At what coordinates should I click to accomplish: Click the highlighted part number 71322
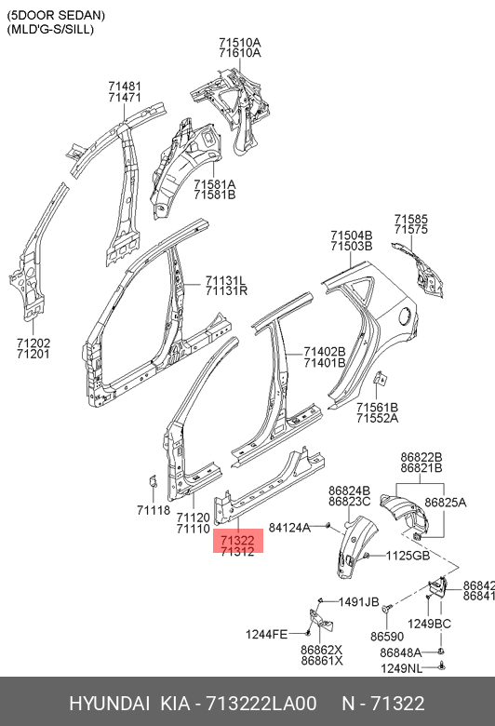click(237, 540)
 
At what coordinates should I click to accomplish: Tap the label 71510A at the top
click(240, 43)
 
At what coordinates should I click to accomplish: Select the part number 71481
click(125, 87)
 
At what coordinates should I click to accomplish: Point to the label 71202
click(33, 343)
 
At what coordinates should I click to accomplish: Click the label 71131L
click(225, 280)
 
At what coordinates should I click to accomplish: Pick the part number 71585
click(411, 219)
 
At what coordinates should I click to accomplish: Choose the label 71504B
click(352, 235)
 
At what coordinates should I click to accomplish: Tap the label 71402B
click(325, 352)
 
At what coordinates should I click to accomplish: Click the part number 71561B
click(378, 408)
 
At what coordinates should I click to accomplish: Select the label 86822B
click(421, 457)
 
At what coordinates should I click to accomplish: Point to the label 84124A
click(290, 528)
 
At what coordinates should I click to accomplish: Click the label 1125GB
click(408, 555)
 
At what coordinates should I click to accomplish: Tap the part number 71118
click(154, 510)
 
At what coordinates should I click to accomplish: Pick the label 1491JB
click(359, 602)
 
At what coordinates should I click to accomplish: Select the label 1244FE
click(266, 634)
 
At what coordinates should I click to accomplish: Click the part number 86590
click(387, 637)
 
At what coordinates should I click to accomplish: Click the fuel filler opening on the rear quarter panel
click(404, 316)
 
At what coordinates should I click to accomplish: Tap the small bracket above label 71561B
click(381, 378)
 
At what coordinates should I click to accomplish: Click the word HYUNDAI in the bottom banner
click(109, 704)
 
